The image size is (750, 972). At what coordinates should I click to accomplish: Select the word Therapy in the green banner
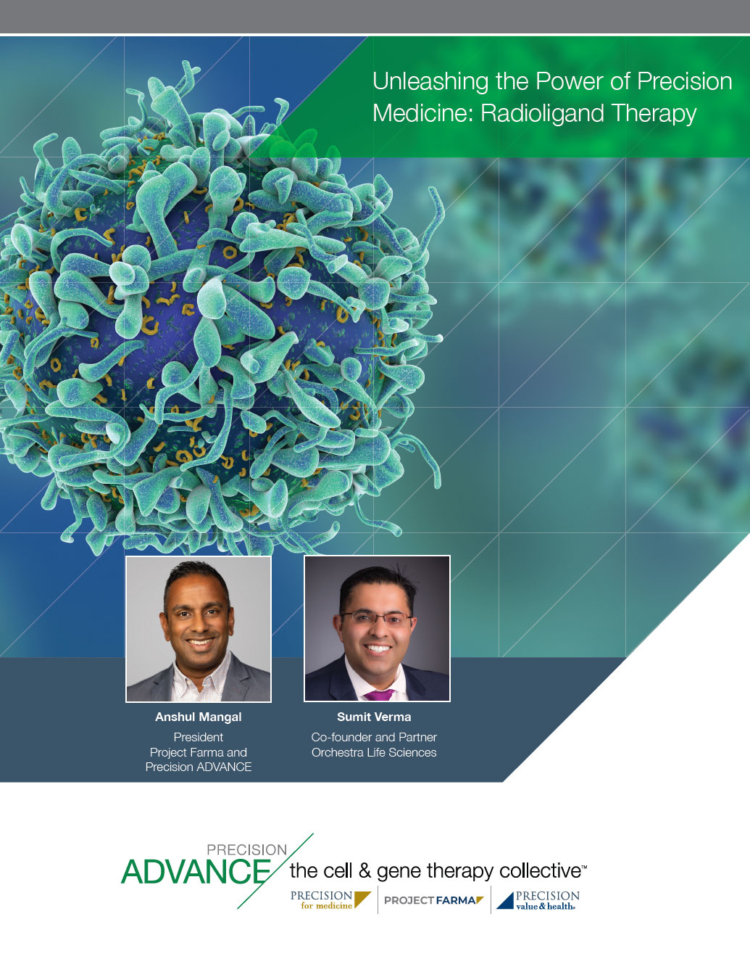[x=654, y=114]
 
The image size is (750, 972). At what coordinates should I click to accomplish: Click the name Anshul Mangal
[x=199, y=717]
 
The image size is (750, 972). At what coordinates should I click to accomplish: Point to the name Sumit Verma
[x=374, y=717]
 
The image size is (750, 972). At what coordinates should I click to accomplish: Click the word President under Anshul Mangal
[x=199, y=737]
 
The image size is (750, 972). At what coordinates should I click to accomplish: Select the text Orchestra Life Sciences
[x=374, y=752]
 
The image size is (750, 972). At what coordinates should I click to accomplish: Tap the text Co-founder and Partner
[x=374, y=737]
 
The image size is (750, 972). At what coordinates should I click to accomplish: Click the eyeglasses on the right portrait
[x=376, y=619]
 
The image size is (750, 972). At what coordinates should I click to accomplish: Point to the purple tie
[x=379, y=695]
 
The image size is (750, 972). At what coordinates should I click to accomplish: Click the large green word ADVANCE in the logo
[x=196, y=872]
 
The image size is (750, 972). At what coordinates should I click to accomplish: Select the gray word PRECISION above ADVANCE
[x=246, y=849]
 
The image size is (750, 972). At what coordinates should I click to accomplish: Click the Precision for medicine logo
[x=330, y=900]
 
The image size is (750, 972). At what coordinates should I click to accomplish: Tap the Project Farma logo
[x=434, y=900]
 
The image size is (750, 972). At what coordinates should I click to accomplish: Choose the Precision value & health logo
[x=538, y=900]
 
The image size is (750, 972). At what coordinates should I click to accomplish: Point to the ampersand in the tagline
[x=364, y=871]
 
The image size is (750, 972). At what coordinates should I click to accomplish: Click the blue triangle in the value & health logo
[x=505, y=901]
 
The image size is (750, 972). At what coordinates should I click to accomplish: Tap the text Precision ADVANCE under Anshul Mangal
[x=199, y=767]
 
